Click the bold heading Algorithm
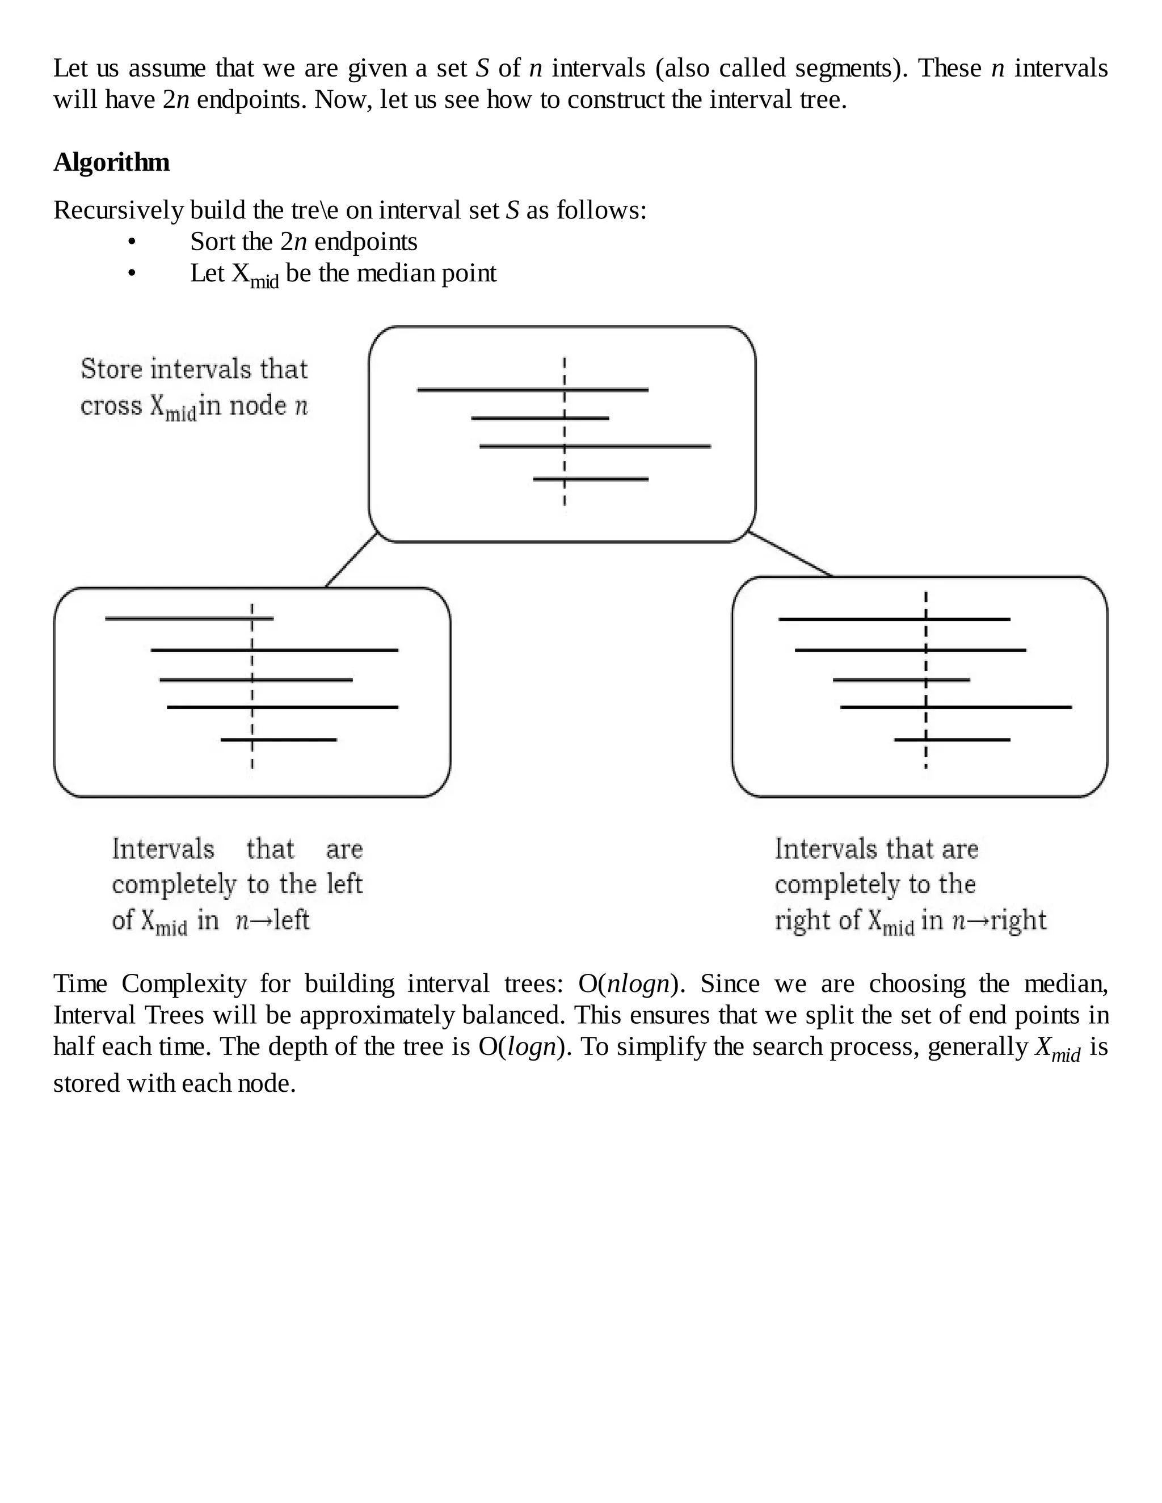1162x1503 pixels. click(112, 162)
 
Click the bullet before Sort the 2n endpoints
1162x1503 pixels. click(132, 242)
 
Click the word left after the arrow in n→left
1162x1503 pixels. click(291, 919)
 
